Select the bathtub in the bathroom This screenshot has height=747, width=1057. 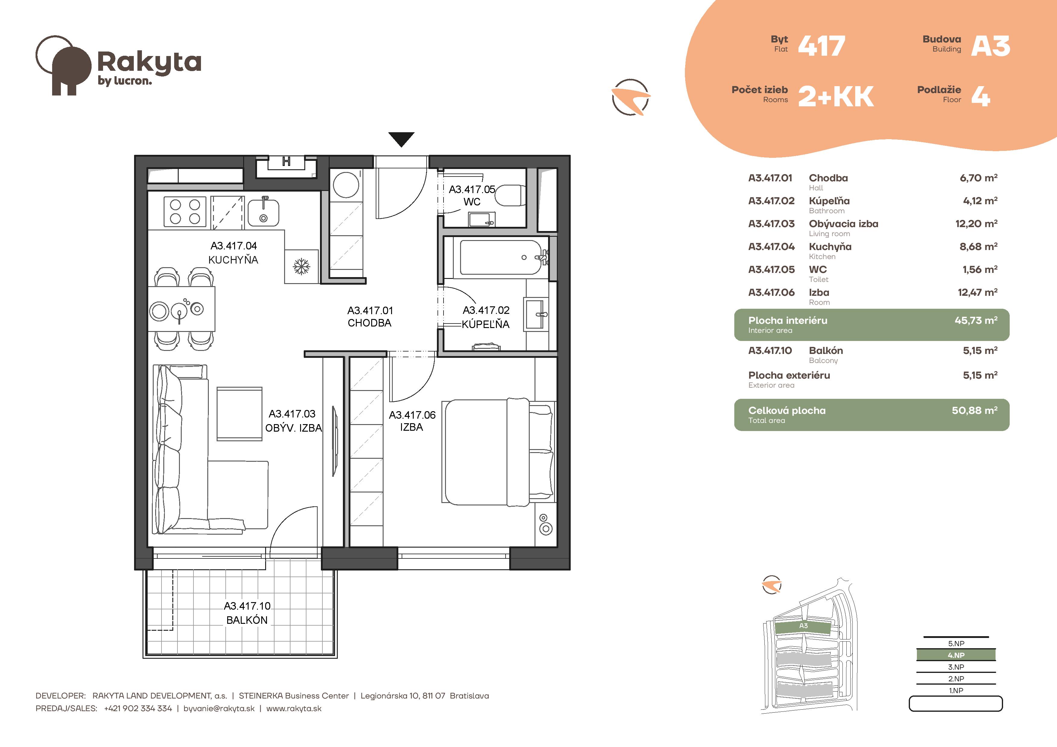click(500, 257)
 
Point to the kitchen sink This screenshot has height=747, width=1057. click(263, 213)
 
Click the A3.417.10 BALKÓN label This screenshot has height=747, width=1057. click(247, 613)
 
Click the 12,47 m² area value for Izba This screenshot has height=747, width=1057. click(977, 292)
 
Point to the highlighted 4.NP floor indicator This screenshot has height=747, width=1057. click(956, 655)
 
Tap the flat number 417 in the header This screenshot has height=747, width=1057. click(821, 46)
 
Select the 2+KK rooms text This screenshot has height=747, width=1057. click(836, 97)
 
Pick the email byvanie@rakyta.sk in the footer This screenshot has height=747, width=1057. click(219, 708)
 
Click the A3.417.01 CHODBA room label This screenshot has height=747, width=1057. click(370, 317)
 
